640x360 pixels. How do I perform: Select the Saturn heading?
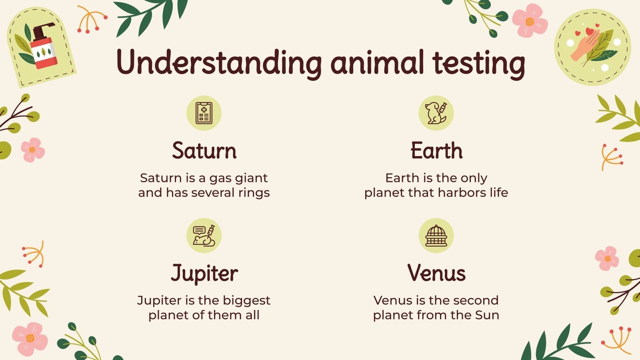(x=204, y=151)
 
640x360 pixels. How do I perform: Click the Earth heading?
(x=436, y=151)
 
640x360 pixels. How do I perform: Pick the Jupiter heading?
(x=204, y=274)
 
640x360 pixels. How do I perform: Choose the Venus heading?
(x=436, y=273)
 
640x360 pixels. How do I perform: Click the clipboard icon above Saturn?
(x=204, y=113)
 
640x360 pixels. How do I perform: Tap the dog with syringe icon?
(x=436, y=113)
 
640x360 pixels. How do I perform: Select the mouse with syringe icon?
(x=204, y=236)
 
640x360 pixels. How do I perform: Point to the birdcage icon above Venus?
(x=436, y=236)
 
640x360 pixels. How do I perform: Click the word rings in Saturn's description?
(x=254, y=193)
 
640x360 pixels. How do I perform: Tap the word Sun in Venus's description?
(x=487, y=315)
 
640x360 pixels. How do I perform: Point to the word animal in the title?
(x=377, y=62)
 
